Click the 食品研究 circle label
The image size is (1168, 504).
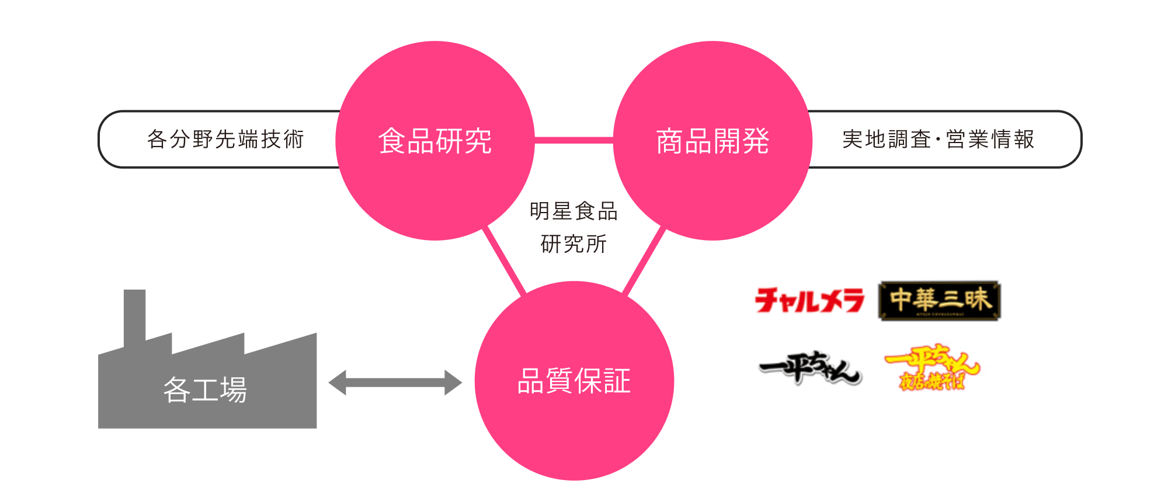pos(435,141)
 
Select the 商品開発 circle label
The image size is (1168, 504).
pos(712,141)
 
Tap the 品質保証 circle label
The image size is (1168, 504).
pos(574,381)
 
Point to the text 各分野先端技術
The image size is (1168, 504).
pos(225,140)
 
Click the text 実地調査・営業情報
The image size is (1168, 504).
pos(938,140)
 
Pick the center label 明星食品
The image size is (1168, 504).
pos(573,211)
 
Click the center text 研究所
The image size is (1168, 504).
pos(573,244)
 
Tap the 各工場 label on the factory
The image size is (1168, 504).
pos(205,390)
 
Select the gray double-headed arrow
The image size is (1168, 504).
pos(395,383)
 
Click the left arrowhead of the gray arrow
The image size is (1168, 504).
pos(338,383)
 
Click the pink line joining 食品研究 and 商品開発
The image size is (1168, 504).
pos(573,140)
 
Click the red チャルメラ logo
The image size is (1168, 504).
pos(809,301)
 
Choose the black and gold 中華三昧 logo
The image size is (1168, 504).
pos(939,301)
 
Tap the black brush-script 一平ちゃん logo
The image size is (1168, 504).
pos(810,368)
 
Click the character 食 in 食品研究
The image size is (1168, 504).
pos(392,141)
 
